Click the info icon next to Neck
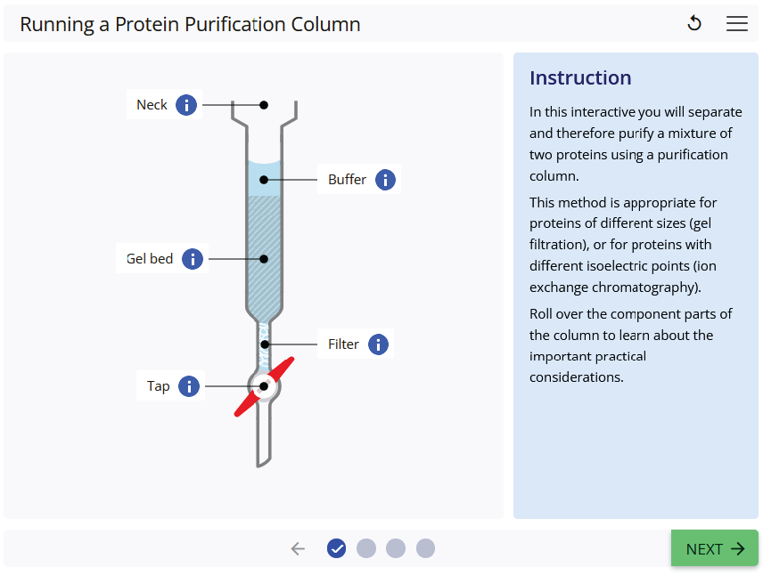(186, 105)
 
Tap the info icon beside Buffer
(385, 180)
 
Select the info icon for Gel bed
(193, 259)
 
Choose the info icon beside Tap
(189, 386)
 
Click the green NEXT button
(714, 548)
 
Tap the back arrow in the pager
(298, 548)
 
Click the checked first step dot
(336, 548)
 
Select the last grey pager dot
(425, 548)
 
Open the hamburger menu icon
(737, 24)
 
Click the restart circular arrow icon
(694, 24)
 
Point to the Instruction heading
(580, 78)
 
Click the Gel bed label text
(150, 259)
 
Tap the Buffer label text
(347, 180)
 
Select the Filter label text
(343, 344)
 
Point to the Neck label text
(152, 105)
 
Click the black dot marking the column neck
(264, 105)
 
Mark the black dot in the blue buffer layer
(264, 180)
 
